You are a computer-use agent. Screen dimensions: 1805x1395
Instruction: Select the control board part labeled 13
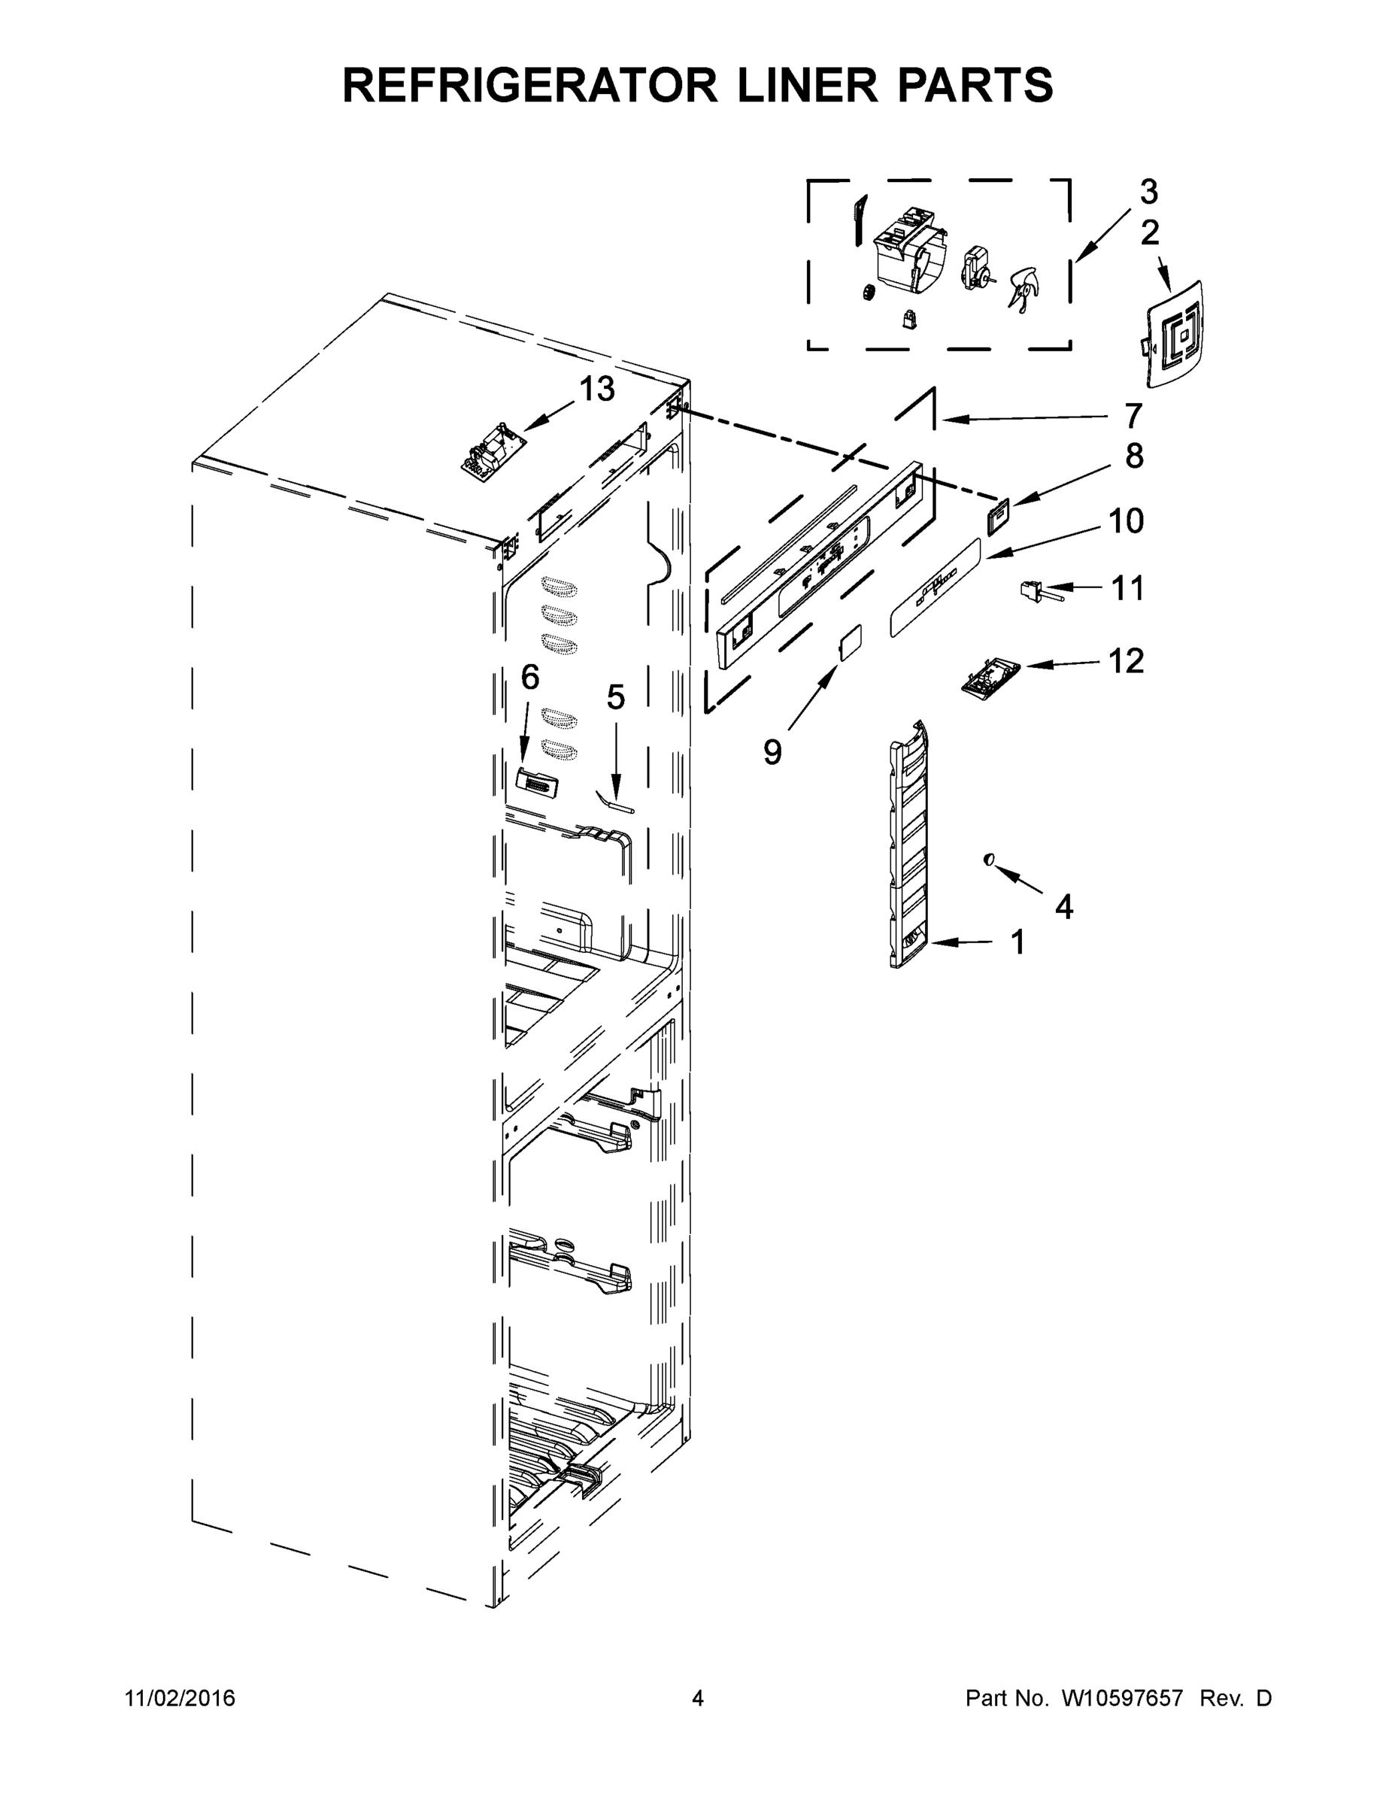click(x=493, y=450)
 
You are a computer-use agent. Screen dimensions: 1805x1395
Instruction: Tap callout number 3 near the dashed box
click(x=1148, y=192)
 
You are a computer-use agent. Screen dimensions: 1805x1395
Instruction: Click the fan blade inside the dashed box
click(x=1022, y=290)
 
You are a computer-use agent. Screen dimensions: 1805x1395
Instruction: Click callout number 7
click(x=1133, y=416)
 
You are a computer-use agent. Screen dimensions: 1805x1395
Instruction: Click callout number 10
click(x=1126, y=521)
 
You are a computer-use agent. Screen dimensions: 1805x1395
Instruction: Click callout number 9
click(x=772, y=752)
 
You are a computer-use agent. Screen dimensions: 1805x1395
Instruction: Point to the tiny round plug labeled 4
click(x=987, y=860)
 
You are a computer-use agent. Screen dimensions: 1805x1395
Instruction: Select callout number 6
click(x=529, y=678)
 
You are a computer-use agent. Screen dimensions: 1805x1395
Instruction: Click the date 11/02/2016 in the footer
click(x=180, y=1697)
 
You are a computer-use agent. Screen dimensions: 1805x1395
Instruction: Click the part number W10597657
click(x=1121, y=1697)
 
